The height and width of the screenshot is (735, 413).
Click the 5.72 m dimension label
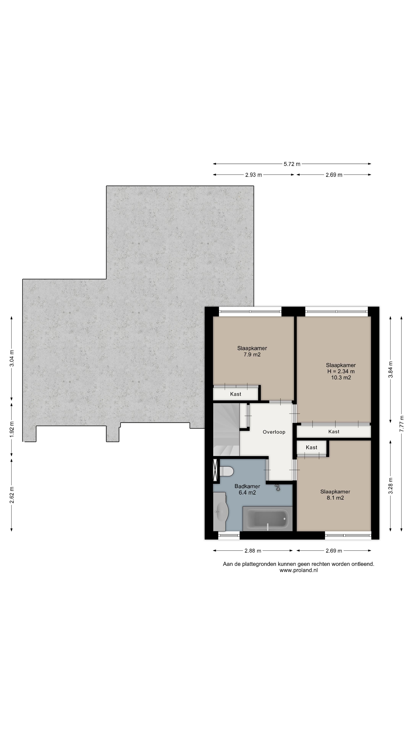tap(292, 164)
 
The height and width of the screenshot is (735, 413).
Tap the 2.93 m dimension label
tap(253, 175)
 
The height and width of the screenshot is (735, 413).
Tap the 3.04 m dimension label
tap(12, 358)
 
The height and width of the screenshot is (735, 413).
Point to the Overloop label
tap(274, 432)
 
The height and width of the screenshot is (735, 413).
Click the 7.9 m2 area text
tap(252, 355)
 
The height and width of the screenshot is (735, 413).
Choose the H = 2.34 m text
tap(341, 372)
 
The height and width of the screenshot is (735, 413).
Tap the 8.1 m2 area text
tap(335, 498)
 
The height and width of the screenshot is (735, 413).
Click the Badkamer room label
tap(247, 486)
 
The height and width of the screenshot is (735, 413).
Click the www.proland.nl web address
tap(298, 570)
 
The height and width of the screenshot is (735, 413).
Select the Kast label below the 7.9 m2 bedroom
tap(236, 394)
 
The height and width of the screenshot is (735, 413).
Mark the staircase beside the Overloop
tap(226, 429)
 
